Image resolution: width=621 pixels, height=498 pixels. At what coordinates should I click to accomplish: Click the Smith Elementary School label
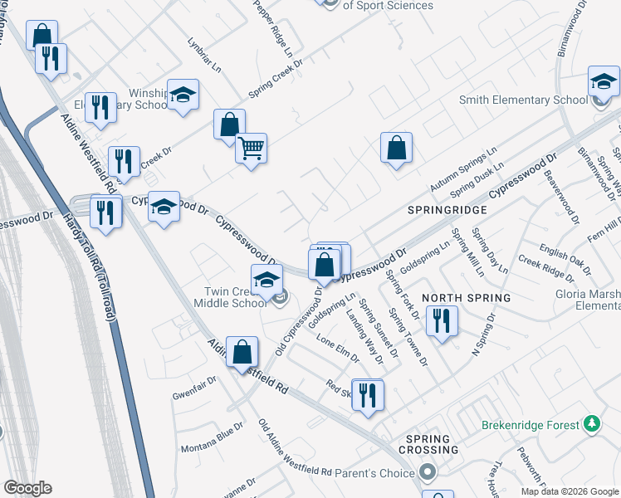coord(523,100)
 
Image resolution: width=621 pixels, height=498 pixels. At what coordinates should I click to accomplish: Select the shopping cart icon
coord(251,149)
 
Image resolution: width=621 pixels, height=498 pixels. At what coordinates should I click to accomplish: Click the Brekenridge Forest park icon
coord(591,425)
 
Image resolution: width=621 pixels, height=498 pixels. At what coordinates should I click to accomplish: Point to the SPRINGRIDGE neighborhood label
coord(447,211)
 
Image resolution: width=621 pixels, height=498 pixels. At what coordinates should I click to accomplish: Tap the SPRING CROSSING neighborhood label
coord(432,444)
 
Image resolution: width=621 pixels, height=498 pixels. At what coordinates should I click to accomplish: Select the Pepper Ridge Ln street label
coord(274,28)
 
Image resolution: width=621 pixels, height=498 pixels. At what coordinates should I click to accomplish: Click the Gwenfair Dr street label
coord(194,386)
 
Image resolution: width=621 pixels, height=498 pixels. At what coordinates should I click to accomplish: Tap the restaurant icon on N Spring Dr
coord(442,321)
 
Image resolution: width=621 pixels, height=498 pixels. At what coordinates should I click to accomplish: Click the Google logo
coord(27,488)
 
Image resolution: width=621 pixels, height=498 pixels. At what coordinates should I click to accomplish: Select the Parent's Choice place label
coord(374,473)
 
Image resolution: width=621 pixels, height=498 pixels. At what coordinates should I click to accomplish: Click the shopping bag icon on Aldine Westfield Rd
coord(241,352)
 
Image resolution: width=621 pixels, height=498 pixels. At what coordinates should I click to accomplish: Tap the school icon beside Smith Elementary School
coord(604,81)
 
